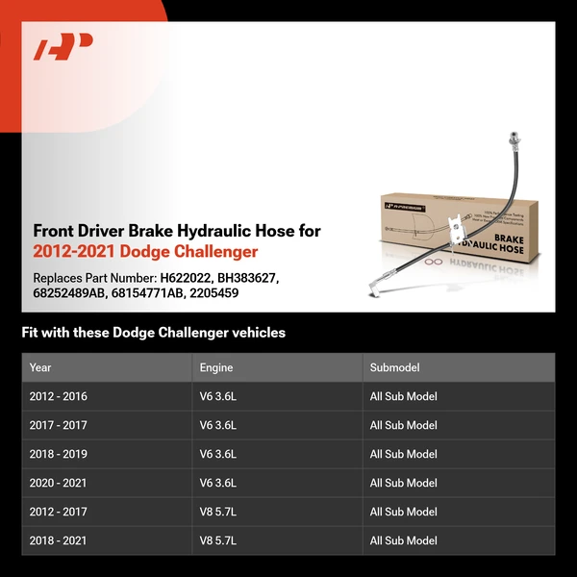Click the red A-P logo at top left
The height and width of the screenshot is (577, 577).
(x=63, y=47)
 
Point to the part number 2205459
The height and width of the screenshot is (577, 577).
(x=213, y=293)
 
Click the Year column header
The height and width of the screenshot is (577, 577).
(x=40, y=367)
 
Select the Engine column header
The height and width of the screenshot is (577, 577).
(x=216, y=367)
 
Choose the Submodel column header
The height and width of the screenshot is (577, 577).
(x=395, y=367)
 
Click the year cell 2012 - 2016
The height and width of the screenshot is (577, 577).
(x=59, y=396)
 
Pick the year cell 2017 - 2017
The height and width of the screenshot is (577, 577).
(x=59, y=425)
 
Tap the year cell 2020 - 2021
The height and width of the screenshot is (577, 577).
(x=59, y=483)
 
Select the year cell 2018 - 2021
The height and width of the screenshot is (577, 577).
(x=59, y=540)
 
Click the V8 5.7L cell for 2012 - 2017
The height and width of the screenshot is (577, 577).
(x=218, y=512)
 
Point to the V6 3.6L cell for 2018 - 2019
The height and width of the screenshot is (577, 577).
(x=218, y=454)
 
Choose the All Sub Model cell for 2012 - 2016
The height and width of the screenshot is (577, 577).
(x=404, y=396)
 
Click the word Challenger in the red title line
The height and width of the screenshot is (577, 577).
(x=214, y=252)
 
